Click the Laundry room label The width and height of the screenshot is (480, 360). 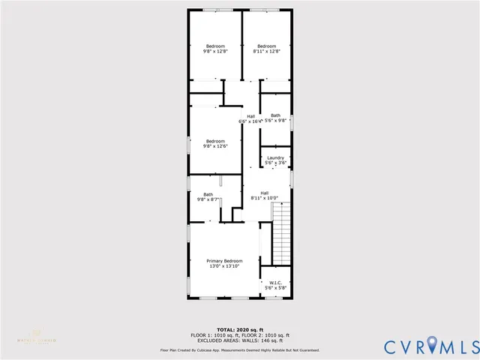tap(275, 157)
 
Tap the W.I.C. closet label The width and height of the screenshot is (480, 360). tap(275, 283)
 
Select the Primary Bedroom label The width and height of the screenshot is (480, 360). tap(225, 261)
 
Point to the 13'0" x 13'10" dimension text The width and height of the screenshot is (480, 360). tap(225, 266)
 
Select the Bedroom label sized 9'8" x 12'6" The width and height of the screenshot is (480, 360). tap(215, 141)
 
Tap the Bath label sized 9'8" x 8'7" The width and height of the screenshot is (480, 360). tap(208, 195)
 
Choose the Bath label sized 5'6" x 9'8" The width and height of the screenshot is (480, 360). tap(275, 115)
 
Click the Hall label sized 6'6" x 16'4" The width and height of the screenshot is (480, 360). tap(250, 115)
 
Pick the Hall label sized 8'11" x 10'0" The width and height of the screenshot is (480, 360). tap(264, 193)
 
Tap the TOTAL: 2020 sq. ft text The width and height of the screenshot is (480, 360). tap(240, 329)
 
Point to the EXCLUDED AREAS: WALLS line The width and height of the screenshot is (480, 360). tap(240, 340)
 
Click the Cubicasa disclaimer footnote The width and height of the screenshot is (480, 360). tap(240, 350)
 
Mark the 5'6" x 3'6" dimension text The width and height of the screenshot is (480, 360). tap(275, 163)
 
